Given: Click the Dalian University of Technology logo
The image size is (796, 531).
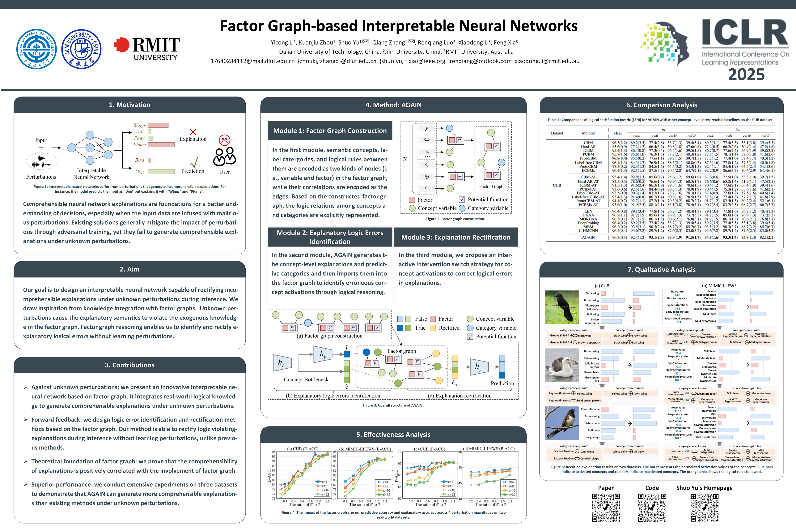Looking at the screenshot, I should [36, 49].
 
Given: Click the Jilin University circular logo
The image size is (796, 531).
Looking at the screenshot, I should [81, 49].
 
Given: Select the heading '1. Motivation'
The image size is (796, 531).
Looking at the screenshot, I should [130, 105].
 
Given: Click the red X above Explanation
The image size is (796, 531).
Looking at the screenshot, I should [193, 132].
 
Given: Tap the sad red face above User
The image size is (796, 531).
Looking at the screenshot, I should [224, 140].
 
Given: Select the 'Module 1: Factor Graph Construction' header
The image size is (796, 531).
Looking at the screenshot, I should [330, 131].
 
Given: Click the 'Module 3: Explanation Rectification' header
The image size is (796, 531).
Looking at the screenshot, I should [455, 237].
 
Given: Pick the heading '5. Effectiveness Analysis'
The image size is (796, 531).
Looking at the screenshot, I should [393, 435].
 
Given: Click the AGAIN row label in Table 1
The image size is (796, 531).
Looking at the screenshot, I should [588, 237].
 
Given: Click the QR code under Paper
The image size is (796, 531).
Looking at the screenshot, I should [606, 507].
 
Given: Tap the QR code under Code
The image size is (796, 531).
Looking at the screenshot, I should [652, 507].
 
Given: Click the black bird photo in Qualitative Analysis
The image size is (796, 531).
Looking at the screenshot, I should [562, 307].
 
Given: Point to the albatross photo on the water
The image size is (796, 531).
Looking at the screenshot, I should [562, 365].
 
